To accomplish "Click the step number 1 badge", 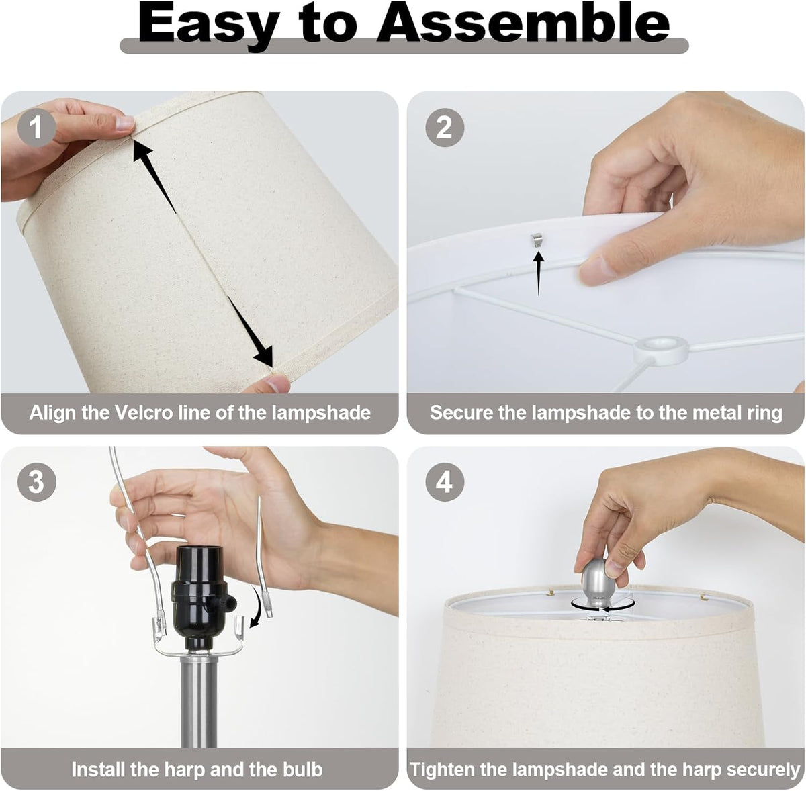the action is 36,127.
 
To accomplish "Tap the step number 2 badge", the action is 444,127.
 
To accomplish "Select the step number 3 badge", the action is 36,482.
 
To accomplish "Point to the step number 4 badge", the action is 444,482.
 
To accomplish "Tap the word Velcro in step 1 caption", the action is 144,413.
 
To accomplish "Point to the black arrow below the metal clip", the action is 539,273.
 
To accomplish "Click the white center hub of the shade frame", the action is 660,348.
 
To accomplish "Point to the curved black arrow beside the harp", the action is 259,606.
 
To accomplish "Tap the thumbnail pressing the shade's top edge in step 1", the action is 125,123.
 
